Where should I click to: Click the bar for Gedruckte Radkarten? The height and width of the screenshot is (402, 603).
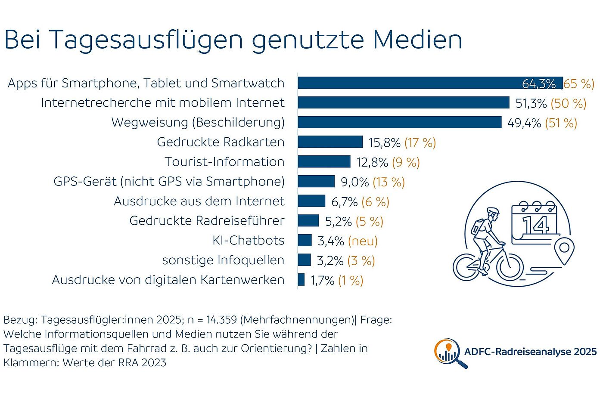pos(330,142)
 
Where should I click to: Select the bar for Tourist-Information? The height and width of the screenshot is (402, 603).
pos(324,162)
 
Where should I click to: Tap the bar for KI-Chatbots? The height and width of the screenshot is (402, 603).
pos(305,240)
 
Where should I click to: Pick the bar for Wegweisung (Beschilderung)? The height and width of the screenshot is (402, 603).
pos(399,122)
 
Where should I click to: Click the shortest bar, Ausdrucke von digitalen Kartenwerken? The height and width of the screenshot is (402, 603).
pos(301,280)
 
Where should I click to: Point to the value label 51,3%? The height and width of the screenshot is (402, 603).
pos(531,103)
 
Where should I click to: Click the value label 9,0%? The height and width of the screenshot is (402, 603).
pos(354,182)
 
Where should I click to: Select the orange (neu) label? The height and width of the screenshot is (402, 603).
pos(363,241)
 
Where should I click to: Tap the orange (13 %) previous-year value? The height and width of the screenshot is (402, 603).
pos(389,182)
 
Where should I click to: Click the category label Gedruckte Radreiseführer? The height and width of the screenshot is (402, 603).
pos(207,221)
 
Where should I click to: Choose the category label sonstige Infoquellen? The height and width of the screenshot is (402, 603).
pos(223,260)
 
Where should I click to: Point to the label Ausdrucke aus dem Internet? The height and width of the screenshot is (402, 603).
pos(199,201)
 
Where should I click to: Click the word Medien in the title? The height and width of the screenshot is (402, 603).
pos(417,40)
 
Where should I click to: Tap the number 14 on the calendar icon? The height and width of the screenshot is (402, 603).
pos(535,225)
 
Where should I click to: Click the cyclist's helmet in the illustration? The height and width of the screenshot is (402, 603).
pos(493,211)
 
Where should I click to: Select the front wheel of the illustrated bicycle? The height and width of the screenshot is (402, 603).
pos(510,266)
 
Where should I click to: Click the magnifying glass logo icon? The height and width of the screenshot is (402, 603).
pos(449,353)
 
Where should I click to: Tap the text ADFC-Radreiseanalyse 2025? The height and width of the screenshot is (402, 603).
pos(530,352)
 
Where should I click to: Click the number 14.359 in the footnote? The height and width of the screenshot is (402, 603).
pos(221,320)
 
